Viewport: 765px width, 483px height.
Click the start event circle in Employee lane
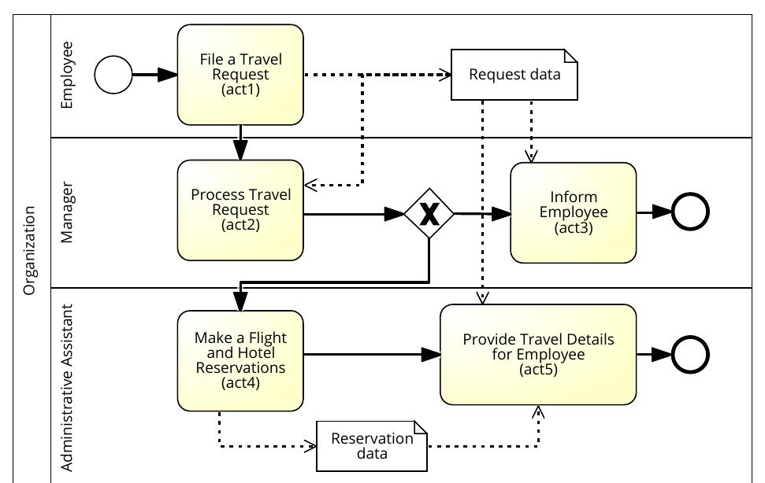pyautogui.click(x=113, y=75)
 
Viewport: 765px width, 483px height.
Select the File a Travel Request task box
pyautogui.click(x=240, y=75)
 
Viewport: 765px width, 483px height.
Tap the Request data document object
pyautogui.click(x=514, y=75)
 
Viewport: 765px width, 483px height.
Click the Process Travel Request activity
pyautogui.click(x=240, y=210)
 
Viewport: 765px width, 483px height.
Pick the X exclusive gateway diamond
pyautogui.click(x=429, y=213)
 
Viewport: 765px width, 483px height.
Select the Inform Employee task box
pyautogui.click(x=573, y=212)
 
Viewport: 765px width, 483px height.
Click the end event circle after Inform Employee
pyautogui.click(x=689, y=212)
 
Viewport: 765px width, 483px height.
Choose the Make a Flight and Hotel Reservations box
pyautogui.click(x=240, y=360)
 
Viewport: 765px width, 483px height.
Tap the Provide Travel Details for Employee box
pyautogui.click(x=538, y=354)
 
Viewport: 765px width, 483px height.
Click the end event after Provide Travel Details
pyautogui.click(x=689, y=355)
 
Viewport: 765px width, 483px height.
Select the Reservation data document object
pyautogui.click(x=371, y=445)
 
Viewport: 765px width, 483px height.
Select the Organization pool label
pyautogui.click(x=30, y=250)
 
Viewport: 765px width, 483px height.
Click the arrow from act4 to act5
pyautogui.click(x=370, y=355)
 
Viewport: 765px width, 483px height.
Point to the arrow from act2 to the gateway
pyautogui.click(x=355, y=213)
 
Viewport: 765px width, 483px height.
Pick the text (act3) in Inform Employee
pyautogui.click(x=573, y=228)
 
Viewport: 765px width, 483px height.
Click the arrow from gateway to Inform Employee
pyautogui.click(x=481, y=213)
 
